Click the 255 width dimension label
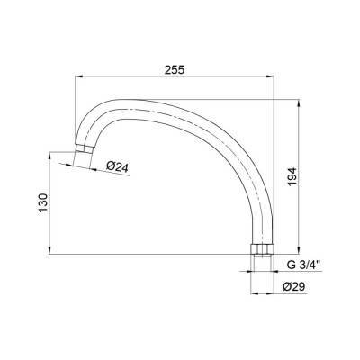[x=175, y=70]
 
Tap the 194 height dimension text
[x=292, y=176]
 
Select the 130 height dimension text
[x=43, y=202]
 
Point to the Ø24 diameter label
[x=118, y=166]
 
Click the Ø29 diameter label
[x=293, y=287]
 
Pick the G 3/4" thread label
[x=304, y=265]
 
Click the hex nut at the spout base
[x=261, y=249]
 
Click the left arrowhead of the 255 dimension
[x=78, y=76]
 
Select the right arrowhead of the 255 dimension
[x=270, y=76]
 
